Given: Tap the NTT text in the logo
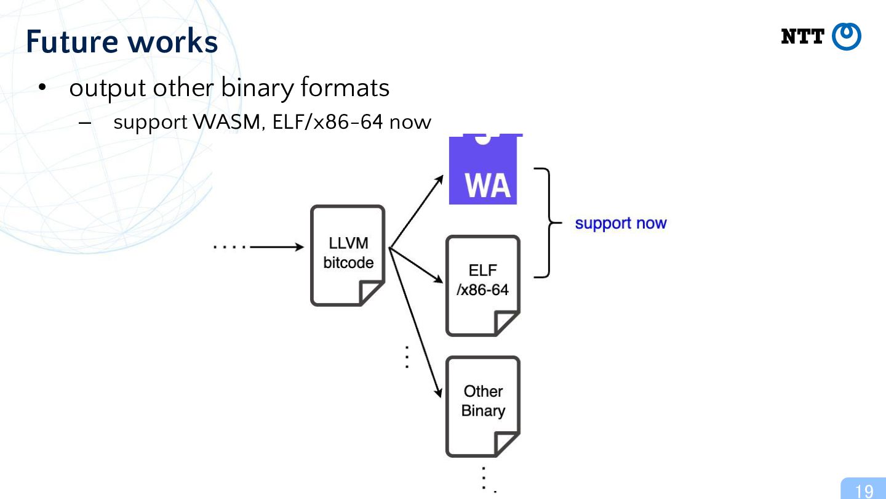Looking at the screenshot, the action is (x=802, y=37).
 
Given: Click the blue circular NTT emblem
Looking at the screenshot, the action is (x=847, y=36).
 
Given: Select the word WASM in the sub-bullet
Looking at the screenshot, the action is (x=226, y=121).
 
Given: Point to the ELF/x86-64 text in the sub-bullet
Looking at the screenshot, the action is (x=327, y=121).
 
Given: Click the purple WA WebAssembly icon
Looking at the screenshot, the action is (x=484, y=169).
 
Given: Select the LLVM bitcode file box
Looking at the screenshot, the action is (x=348, y=256).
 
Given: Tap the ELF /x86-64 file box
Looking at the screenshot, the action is (x=483, y=286).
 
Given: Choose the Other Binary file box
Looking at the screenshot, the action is (x=483, y=407).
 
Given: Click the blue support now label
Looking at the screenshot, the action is (x=621, y=223).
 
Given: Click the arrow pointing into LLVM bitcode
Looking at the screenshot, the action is (x=277, y=247).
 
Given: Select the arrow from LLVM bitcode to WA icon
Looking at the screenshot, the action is (x=416, y=211).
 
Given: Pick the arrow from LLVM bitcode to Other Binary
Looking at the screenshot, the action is (x=415, y=322).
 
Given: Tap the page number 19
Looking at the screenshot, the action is (x=864, y=491).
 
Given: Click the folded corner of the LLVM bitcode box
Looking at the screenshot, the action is (x=370, y=293).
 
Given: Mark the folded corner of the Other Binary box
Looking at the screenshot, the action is (x=506, y=444).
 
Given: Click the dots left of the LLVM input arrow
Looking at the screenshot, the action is (x=230, y=247).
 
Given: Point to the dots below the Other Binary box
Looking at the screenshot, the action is (x=488, y=480).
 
